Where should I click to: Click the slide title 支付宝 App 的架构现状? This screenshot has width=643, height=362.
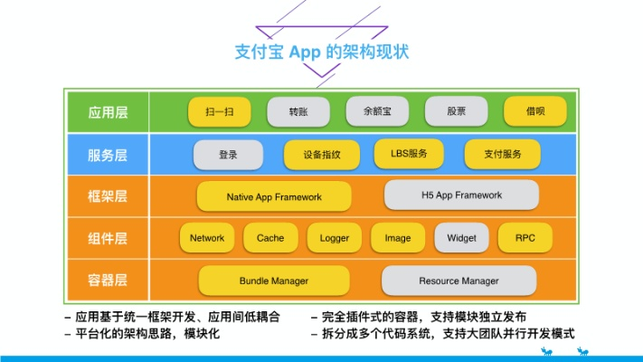[322, 51]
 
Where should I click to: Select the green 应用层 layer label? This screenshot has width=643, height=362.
[108, 113]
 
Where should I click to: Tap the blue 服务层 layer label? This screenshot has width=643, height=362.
[108, 155]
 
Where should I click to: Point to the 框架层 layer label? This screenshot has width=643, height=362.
[108, 196]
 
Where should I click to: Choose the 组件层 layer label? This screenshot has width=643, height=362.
[108, 239]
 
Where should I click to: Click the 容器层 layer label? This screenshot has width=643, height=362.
[108, 281]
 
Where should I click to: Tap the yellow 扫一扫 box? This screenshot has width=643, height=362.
[219, 112]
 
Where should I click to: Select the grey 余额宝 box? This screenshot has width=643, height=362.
[376, 112]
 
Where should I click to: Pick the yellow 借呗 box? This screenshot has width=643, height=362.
[534, 112]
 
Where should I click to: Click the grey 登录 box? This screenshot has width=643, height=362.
[228, 155]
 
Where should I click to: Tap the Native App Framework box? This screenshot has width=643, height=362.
[274, 196]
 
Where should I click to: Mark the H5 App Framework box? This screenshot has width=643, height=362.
[461, 195]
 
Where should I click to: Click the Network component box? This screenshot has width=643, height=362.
[207, 238]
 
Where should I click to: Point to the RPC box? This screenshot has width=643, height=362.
[525, 238]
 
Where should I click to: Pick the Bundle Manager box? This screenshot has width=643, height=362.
[273, 281]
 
